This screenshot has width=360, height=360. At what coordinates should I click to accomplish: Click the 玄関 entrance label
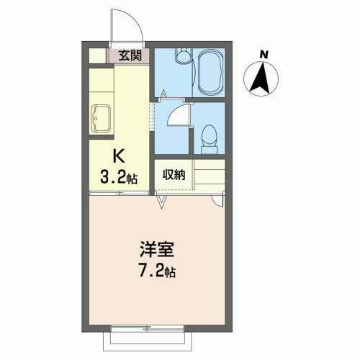130,56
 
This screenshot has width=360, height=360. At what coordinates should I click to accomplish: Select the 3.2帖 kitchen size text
119,178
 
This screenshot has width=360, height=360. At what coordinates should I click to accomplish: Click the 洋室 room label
157,249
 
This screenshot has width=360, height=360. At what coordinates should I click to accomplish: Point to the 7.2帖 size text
157,271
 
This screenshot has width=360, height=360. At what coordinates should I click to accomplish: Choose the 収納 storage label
174,174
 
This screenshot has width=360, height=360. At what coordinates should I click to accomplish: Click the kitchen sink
102,119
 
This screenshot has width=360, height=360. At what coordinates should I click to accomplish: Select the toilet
210,139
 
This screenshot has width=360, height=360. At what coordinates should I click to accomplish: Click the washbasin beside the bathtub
184,55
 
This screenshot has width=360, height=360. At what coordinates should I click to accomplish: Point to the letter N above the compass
264,55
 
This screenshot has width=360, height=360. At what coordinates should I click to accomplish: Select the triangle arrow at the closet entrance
162,199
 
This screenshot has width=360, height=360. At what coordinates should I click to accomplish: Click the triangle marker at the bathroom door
163,93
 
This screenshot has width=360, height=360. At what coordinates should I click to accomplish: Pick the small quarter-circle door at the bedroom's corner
218,201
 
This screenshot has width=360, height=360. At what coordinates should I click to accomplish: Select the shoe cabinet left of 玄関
97,55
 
